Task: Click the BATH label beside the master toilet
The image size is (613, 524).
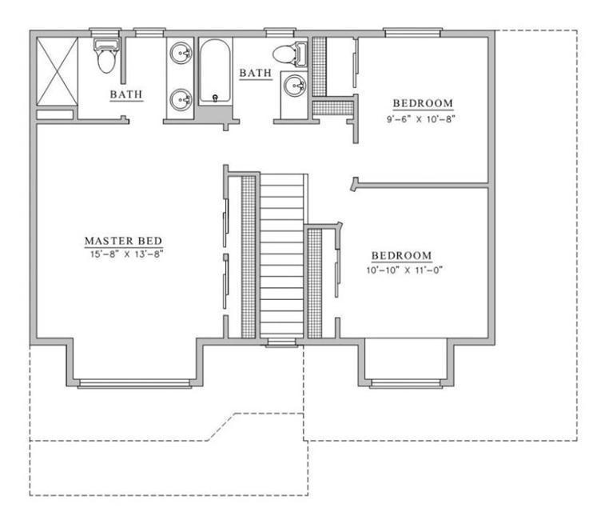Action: (x=126, y=94)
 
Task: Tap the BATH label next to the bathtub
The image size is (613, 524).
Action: (x=256, y=74)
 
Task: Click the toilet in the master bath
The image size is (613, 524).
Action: (x=105, y=56)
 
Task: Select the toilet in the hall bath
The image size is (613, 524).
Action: (x=288, y=54)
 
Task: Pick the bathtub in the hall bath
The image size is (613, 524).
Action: (x=213, y=74)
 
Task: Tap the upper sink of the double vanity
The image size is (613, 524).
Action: (x=182, y=54)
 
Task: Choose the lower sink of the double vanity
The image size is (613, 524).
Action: (x=182, y=99)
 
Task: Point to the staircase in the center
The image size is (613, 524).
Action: (x=283, y=256)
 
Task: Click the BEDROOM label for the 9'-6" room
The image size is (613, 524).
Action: (x=422, y=103)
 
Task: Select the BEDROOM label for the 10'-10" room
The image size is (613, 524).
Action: (x=401, y=256)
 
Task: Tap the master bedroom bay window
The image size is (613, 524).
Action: (x=134, y=383)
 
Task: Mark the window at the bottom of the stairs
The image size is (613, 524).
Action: (x=281, y=343)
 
